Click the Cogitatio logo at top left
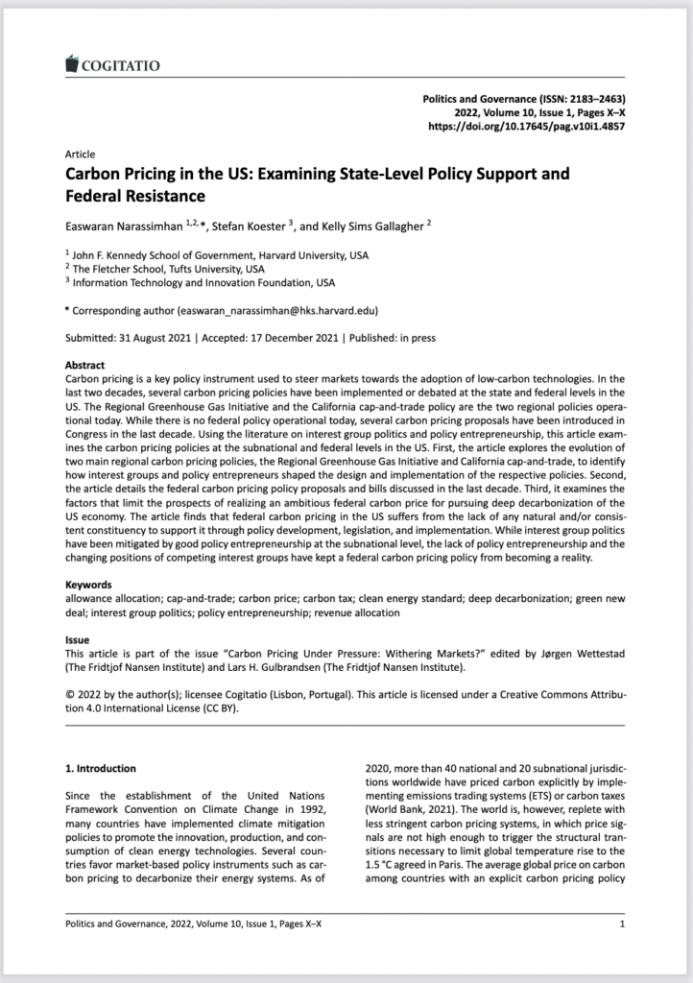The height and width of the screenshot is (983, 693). point(110,65)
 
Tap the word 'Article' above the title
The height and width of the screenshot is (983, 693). point(80,155)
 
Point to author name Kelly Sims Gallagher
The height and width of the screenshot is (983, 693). point(372,226)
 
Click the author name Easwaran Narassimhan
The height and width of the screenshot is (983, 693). point(124,226)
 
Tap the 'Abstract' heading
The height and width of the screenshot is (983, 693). point(84,366)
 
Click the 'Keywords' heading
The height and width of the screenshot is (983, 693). point(87,583)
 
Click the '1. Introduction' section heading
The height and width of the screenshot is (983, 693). point(101,768)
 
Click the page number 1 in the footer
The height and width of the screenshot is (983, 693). point(623,924)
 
